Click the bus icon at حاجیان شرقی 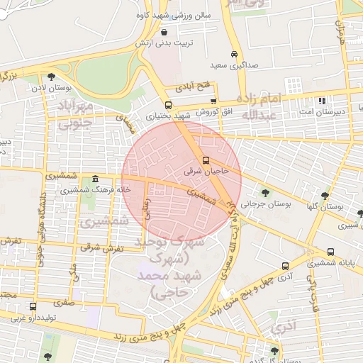tap(206, 161)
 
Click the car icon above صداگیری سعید tap(234, 55)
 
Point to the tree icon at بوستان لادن tap(51, 77)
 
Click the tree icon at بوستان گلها tap(325, 196)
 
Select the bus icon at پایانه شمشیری tap(332, 252)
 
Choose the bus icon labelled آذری tap(286, 267)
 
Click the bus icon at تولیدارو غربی tap(33, 307)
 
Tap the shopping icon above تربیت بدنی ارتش tap(164, 32)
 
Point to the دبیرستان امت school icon tap(323, 101)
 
